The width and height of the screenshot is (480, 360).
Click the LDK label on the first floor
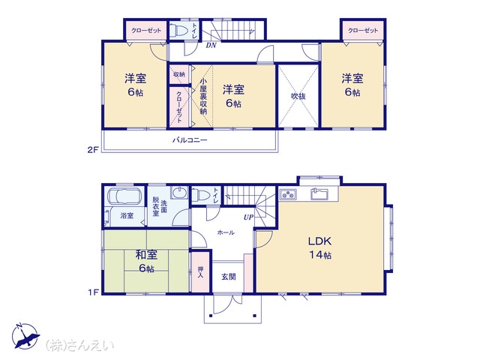pyautogui.click(x=319, y=241)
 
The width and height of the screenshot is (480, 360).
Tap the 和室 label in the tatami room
pyautogui.click(x=146, y=255)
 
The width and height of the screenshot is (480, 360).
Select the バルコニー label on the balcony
pyautogui.click(x=190, y=140)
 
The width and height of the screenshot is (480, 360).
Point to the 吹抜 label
pyautogui.click(x=298, y=96)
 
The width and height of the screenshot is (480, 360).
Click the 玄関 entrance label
pyautogui.click(x=229, y=277)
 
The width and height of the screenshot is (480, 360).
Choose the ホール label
pyautogui.click(x=226, y=232)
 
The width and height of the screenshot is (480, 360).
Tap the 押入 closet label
pyautogui.click(x=200, y=272)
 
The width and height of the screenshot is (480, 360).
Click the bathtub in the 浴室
pyautogui.click(x=124, y=196)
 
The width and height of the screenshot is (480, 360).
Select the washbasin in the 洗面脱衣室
pyautogui.click(x=179, y=193)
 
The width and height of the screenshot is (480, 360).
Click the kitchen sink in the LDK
pyautogui.click(x=319, y=194)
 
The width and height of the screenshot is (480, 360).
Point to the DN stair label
pyautogui.click(x=211, y=45)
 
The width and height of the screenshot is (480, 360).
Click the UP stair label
pyautogui.click(x=248, y=217)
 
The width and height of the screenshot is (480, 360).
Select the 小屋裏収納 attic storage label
pyautogui.click(x=203, y=96)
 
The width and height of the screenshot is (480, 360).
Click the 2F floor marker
pyautogui.click(x=93, y=150)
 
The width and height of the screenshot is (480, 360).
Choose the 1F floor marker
pyautogui.click(x=93, y=292)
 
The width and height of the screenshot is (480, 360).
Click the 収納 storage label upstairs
pyautogui.click(x=179, y=74)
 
